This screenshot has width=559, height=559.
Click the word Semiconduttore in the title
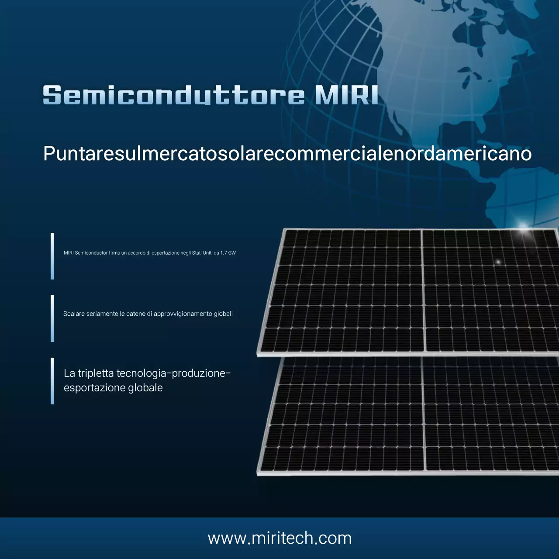point(173,95)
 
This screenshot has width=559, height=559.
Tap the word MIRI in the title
point(346,95)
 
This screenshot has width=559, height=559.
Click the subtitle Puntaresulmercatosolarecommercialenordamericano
point(287,154)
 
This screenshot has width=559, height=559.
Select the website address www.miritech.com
point(279,538)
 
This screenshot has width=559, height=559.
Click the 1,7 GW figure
point(228,253)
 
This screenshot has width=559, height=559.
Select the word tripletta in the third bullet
point(96,373)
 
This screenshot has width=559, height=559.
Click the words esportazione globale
point(113,388)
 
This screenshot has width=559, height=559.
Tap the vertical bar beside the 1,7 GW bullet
point(52,256)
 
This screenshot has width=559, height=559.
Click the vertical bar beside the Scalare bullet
point(52,318)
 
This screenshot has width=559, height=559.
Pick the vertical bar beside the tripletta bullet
point(52,381)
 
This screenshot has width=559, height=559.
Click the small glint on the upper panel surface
point(498,262)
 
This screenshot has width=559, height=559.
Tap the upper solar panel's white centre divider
point(423,290)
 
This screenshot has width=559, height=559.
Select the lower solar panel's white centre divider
point(424,415)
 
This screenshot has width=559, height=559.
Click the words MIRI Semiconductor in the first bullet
point(86,253)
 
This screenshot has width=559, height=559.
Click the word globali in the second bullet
point(223,314)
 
